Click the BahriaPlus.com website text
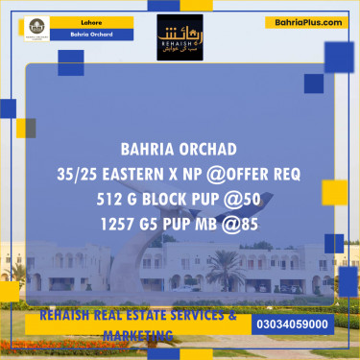pyautogui.click(x=308, y=21)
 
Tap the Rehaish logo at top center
pyautogui.click(x=179, y=36)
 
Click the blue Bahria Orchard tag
pyautogui.click(x=93, y=35)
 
